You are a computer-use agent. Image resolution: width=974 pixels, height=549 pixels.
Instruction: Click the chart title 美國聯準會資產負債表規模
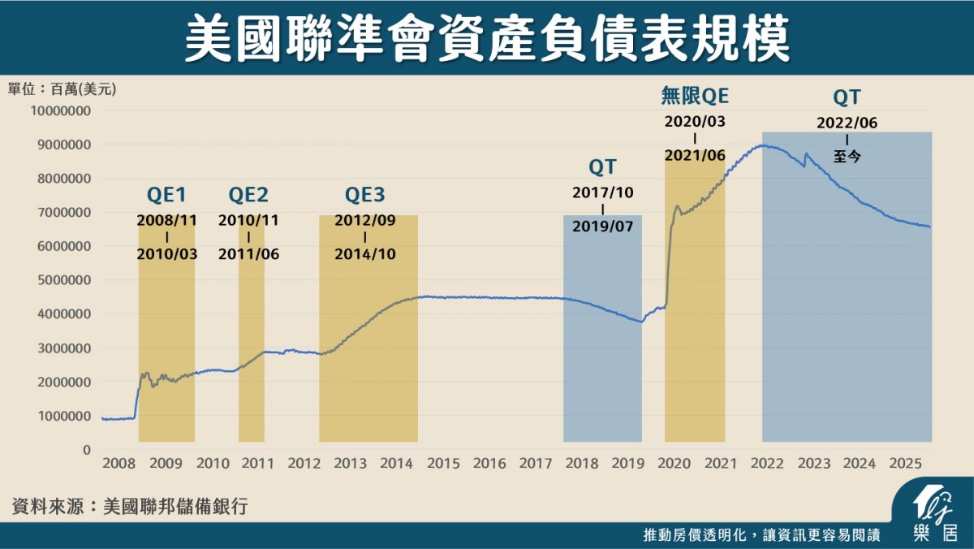coord(487,39)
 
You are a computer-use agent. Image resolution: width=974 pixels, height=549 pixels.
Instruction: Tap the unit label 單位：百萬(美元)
coord(62,89)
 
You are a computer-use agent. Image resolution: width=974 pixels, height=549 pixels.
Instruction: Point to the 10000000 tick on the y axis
coord(61,110)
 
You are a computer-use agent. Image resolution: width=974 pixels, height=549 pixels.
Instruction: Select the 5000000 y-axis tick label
coord(63,280)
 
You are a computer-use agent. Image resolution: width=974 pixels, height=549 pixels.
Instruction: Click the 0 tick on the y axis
coord(86,449)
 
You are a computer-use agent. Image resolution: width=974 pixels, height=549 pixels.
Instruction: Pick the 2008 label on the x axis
coord(119,464)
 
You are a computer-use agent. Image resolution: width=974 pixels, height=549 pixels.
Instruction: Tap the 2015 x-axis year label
coord(443,464)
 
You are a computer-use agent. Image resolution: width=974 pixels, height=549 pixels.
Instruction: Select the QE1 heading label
coord(166,195)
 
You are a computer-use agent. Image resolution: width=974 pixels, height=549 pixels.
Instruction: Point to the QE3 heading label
coord(365,195)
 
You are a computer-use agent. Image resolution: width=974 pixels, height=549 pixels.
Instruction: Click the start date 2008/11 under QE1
coord(166,220)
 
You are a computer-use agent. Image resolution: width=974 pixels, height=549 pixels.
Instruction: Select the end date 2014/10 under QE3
coord(365,253)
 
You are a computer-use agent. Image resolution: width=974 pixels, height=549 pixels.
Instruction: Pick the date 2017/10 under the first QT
coord(602,193)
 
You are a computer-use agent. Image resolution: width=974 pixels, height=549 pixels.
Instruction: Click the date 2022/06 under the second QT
coord(847,123)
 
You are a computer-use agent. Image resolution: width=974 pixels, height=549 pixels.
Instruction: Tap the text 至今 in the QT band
coord(847,157)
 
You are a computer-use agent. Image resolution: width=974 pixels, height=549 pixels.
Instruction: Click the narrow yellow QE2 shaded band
coord(252,365)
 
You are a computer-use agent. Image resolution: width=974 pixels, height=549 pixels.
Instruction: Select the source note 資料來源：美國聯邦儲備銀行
coord(130,507)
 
